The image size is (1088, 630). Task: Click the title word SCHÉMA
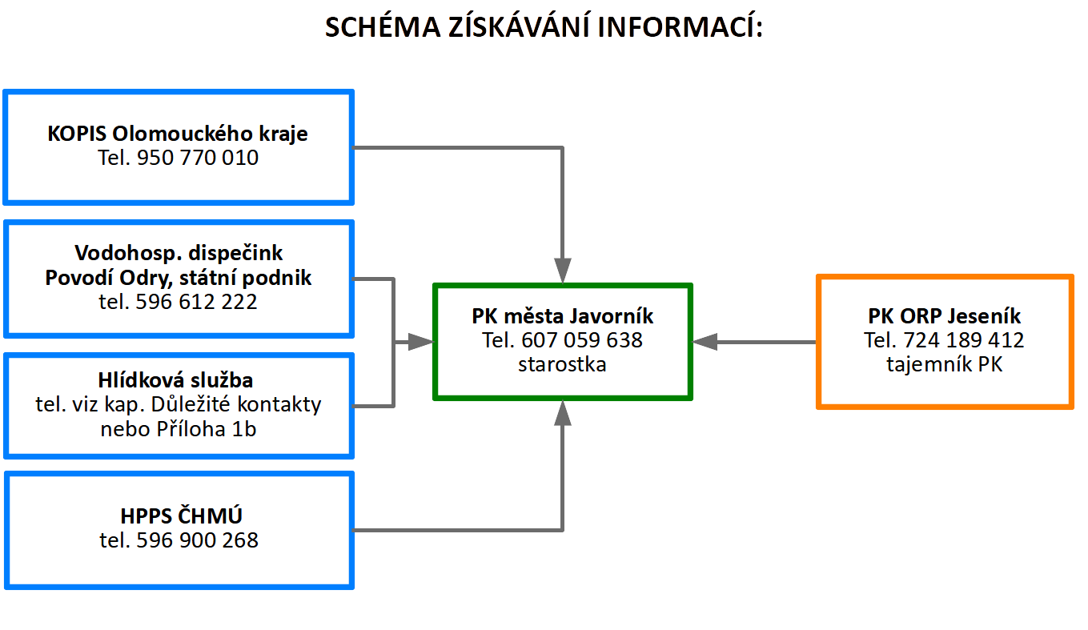382,26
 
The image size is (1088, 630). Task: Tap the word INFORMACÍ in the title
680,26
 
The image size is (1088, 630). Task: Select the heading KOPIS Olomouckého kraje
177,134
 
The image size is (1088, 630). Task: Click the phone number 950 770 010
198,158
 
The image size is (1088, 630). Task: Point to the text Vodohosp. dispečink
179,253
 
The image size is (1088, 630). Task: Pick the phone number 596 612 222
196,302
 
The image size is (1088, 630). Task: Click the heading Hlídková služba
175,380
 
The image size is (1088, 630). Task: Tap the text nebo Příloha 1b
179,429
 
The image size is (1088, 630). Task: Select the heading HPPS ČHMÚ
181,516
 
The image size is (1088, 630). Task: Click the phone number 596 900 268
197,540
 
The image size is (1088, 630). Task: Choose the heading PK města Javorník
563,316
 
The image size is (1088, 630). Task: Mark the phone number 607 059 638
582,340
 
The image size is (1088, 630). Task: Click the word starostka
562,365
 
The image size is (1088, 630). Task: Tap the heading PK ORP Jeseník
944,316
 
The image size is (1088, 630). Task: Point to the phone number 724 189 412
964,340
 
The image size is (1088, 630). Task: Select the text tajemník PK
944,365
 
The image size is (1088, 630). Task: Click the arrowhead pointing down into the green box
563,270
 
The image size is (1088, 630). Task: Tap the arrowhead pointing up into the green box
563,413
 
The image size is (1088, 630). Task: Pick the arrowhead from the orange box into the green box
705,342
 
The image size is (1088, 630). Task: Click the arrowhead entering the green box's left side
420,342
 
